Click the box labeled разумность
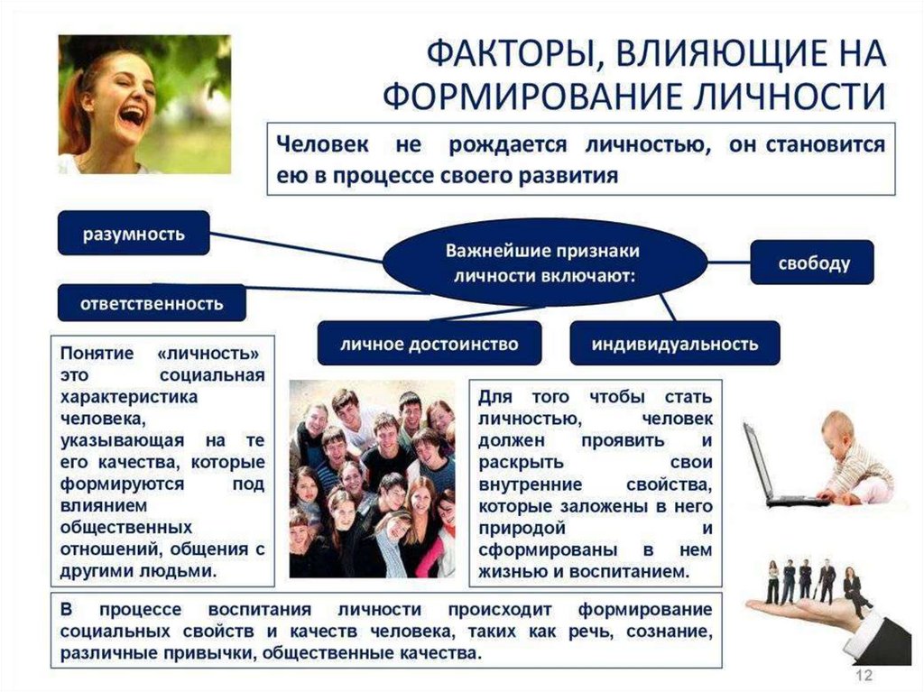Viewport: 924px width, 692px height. click(134, 234)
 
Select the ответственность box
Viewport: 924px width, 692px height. click(152, 303)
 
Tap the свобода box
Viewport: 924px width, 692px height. click(813, 263)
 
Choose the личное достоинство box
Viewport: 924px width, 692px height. click(429, 344)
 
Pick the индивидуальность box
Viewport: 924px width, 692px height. click(675, 344)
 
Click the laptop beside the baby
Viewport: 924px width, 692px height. click(768, 469)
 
